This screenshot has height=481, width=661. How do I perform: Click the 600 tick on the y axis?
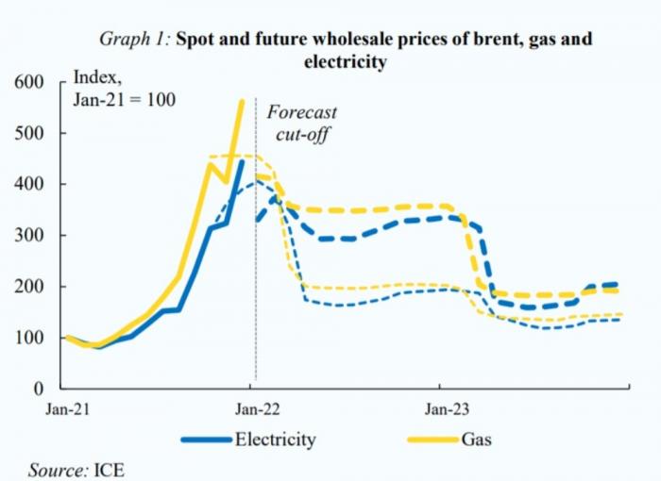[x=31, y=83]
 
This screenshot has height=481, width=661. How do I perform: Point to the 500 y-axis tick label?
[x=31, y=134]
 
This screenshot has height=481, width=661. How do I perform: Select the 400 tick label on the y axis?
[x=31, y=185]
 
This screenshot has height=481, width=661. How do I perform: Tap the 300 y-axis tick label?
[x=31, y=236]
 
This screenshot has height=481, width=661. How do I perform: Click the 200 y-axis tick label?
[x=31, y=287]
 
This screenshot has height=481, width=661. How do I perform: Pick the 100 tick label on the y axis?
[x=31, y=338]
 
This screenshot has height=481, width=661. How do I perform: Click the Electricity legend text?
[x=275, y=440]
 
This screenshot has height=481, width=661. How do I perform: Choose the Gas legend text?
[x=476, y=440]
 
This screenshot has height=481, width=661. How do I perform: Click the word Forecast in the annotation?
[x=301, y=112]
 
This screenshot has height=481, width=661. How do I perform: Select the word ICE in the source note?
[x=109, y=469]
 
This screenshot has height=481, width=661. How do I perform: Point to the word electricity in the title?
[x=344, y=63]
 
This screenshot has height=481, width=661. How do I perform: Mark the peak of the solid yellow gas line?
[x=242, y=102]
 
